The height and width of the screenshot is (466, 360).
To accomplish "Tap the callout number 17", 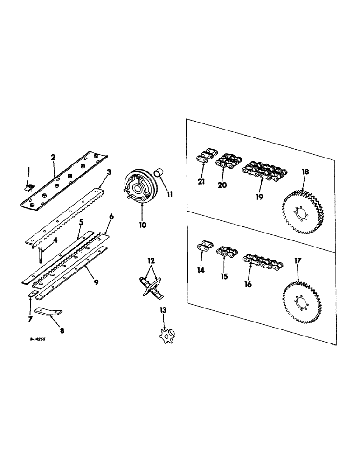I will click(297, 262).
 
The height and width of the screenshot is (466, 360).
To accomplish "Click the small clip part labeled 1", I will click(29, 187).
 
